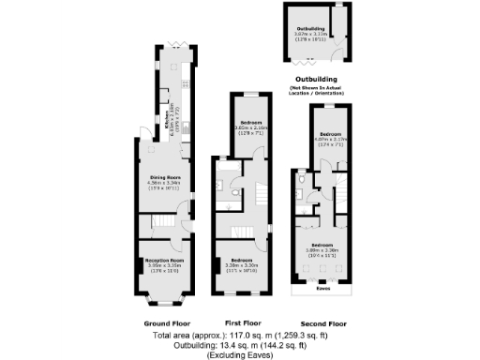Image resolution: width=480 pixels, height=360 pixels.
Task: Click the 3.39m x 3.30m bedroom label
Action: (243, 262)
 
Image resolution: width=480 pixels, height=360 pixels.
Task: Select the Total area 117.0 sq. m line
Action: (239, 333)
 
